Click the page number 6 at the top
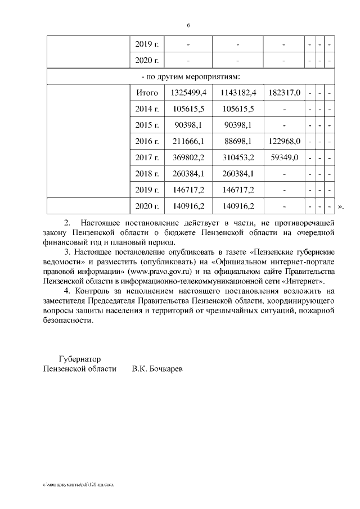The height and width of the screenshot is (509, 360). (x=188, y=25)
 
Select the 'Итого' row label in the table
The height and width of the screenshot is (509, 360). (x=147, y=92)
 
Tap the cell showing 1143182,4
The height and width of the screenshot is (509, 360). (x=238, y=92)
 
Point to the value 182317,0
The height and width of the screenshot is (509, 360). (x=285, y=92)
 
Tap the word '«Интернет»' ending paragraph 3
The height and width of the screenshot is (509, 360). (x=305, y=280)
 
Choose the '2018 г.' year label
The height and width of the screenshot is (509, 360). (x=147, y=174)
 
